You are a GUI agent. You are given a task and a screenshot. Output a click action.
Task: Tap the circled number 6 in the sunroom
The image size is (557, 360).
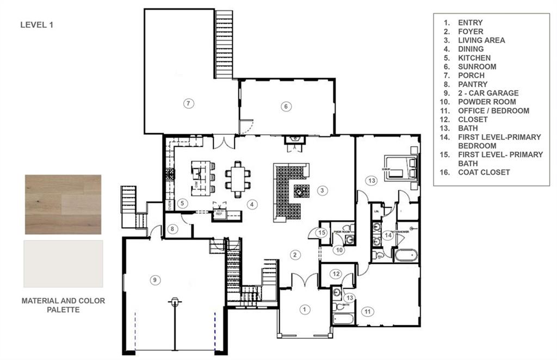tap(286, 106)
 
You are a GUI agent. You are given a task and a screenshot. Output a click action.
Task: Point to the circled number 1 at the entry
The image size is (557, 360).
tap(305, 309)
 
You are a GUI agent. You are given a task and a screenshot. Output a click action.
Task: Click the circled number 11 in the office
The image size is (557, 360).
tap(368, 312)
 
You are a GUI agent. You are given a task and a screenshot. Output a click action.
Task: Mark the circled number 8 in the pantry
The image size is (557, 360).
tap(173, 229)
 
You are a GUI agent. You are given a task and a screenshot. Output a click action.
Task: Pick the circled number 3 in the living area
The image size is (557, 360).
tap(323, 190)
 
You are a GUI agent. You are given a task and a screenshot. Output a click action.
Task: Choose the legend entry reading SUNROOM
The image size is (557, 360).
tap(476, 66)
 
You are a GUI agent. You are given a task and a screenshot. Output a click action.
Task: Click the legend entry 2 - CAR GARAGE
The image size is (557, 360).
tap(488, 93)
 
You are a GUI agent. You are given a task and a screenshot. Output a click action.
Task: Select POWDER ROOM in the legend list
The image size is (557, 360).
tap(486, 102)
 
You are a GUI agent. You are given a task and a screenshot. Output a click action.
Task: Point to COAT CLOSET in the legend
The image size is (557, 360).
tap(484, 172)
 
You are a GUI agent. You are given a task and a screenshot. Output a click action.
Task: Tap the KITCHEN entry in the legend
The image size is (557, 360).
tap(474, 58)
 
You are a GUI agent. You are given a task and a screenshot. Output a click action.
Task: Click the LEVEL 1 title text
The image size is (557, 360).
tap(36, 24)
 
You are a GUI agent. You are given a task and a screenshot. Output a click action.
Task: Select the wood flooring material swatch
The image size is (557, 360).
tap(63, 204)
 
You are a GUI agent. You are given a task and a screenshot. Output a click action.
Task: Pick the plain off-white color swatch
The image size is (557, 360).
tap(63, 264)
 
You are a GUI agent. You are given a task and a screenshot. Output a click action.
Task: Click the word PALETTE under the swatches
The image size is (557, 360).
tap(63, 310)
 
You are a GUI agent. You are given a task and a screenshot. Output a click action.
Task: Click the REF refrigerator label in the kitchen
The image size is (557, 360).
tap(220, 214)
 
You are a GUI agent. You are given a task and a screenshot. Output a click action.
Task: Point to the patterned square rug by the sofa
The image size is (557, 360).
tap(301, 191)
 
